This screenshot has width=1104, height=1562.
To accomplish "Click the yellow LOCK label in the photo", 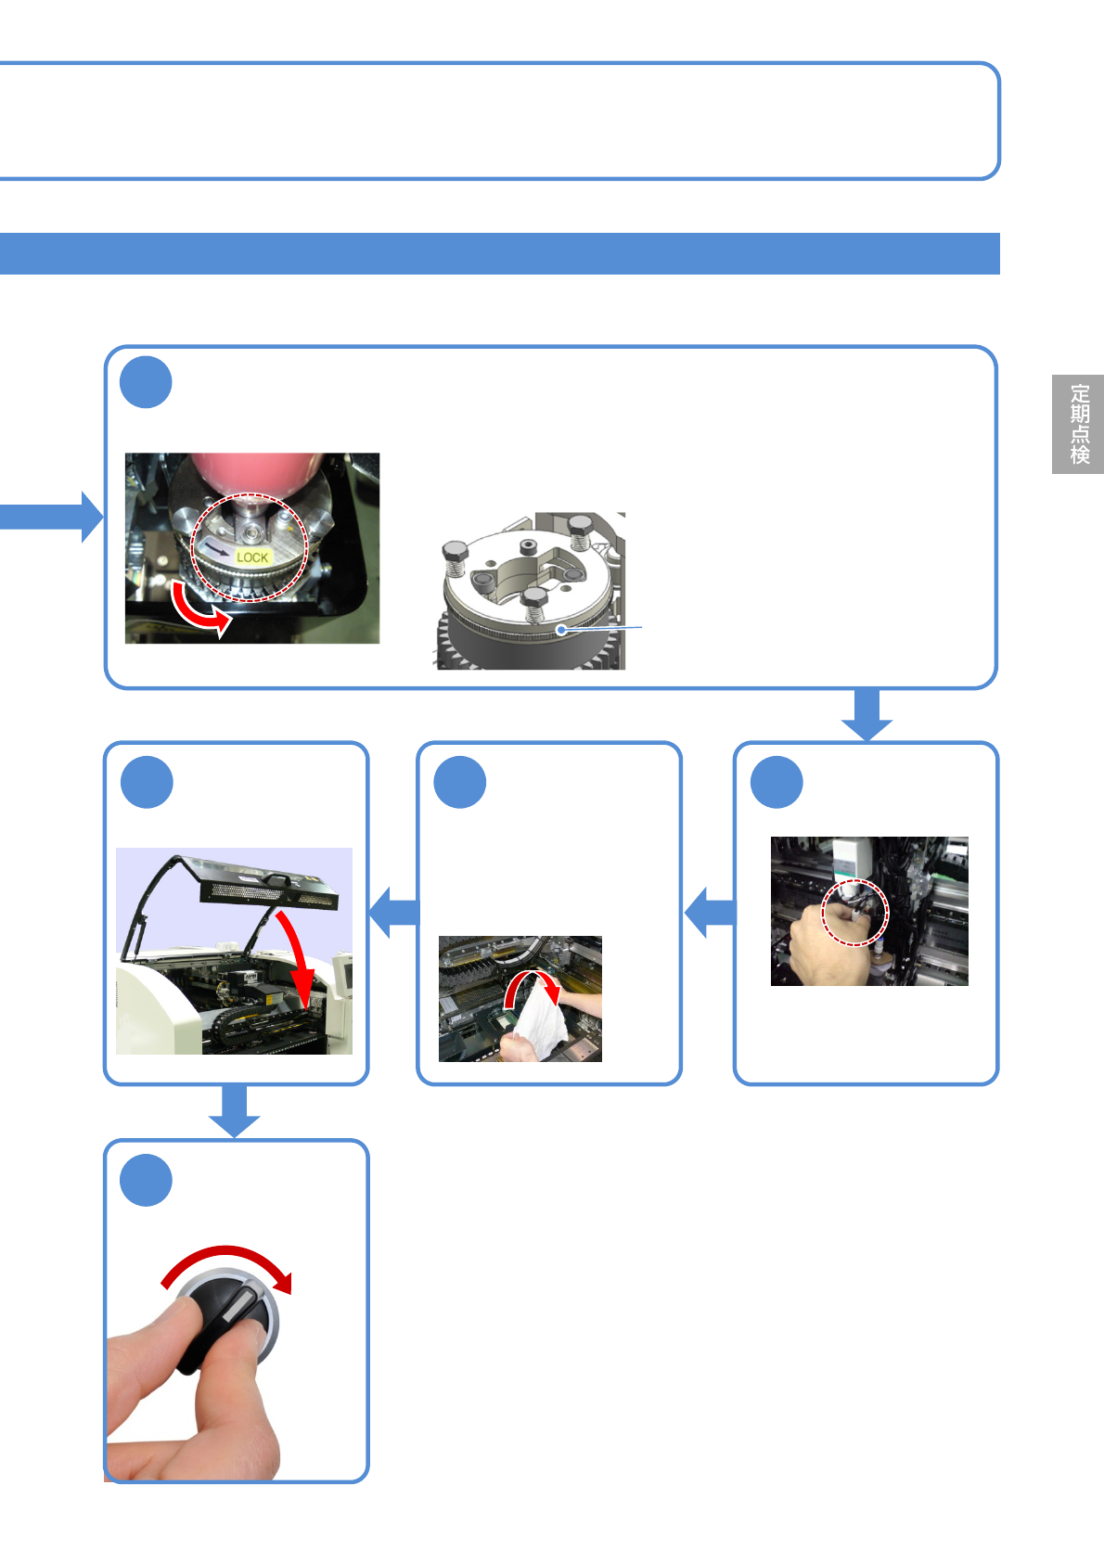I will pyautogui.click(x=252, y=557).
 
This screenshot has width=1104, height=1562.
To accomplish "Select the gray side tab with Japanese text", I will pyautogui.click(x=1078, y=424).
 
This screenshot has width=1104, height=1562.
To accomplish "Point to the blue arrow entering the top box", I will pyautogui.click(x=56, y=517).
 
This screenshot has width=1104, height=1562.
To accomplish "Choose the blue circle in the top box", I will pyautogui.click(x=146, y=382).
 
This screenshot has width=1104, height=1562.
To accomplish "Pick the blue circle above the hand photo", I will pyautogui.click(x=777, y=782).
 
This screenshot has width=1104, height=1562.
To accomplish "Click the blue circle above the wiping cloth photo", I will pyautogui.click(x=460, y=782).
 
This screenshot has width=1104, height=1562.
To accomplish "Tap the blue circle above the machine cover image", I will pyautogui.click(x=147, y=782).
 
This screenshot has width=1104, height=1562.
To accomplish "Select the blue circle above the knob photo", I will pyautogui.click(x=147, y=1180).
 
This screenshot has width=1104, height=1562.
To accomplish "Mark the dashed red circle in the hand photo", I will pyautogui.click(x=855, y=913).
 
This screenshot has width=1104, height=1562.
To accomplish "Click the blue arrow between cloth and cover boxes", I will pyautogui.click(x=393, y=912).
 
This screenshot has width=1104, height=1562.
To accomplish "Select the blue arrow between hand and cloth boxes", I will pyautogui.click(x=710, y=912).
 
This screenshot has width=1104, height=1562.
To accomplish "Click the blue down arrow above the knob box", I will pyautogui.click(x=234, y=1110).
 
